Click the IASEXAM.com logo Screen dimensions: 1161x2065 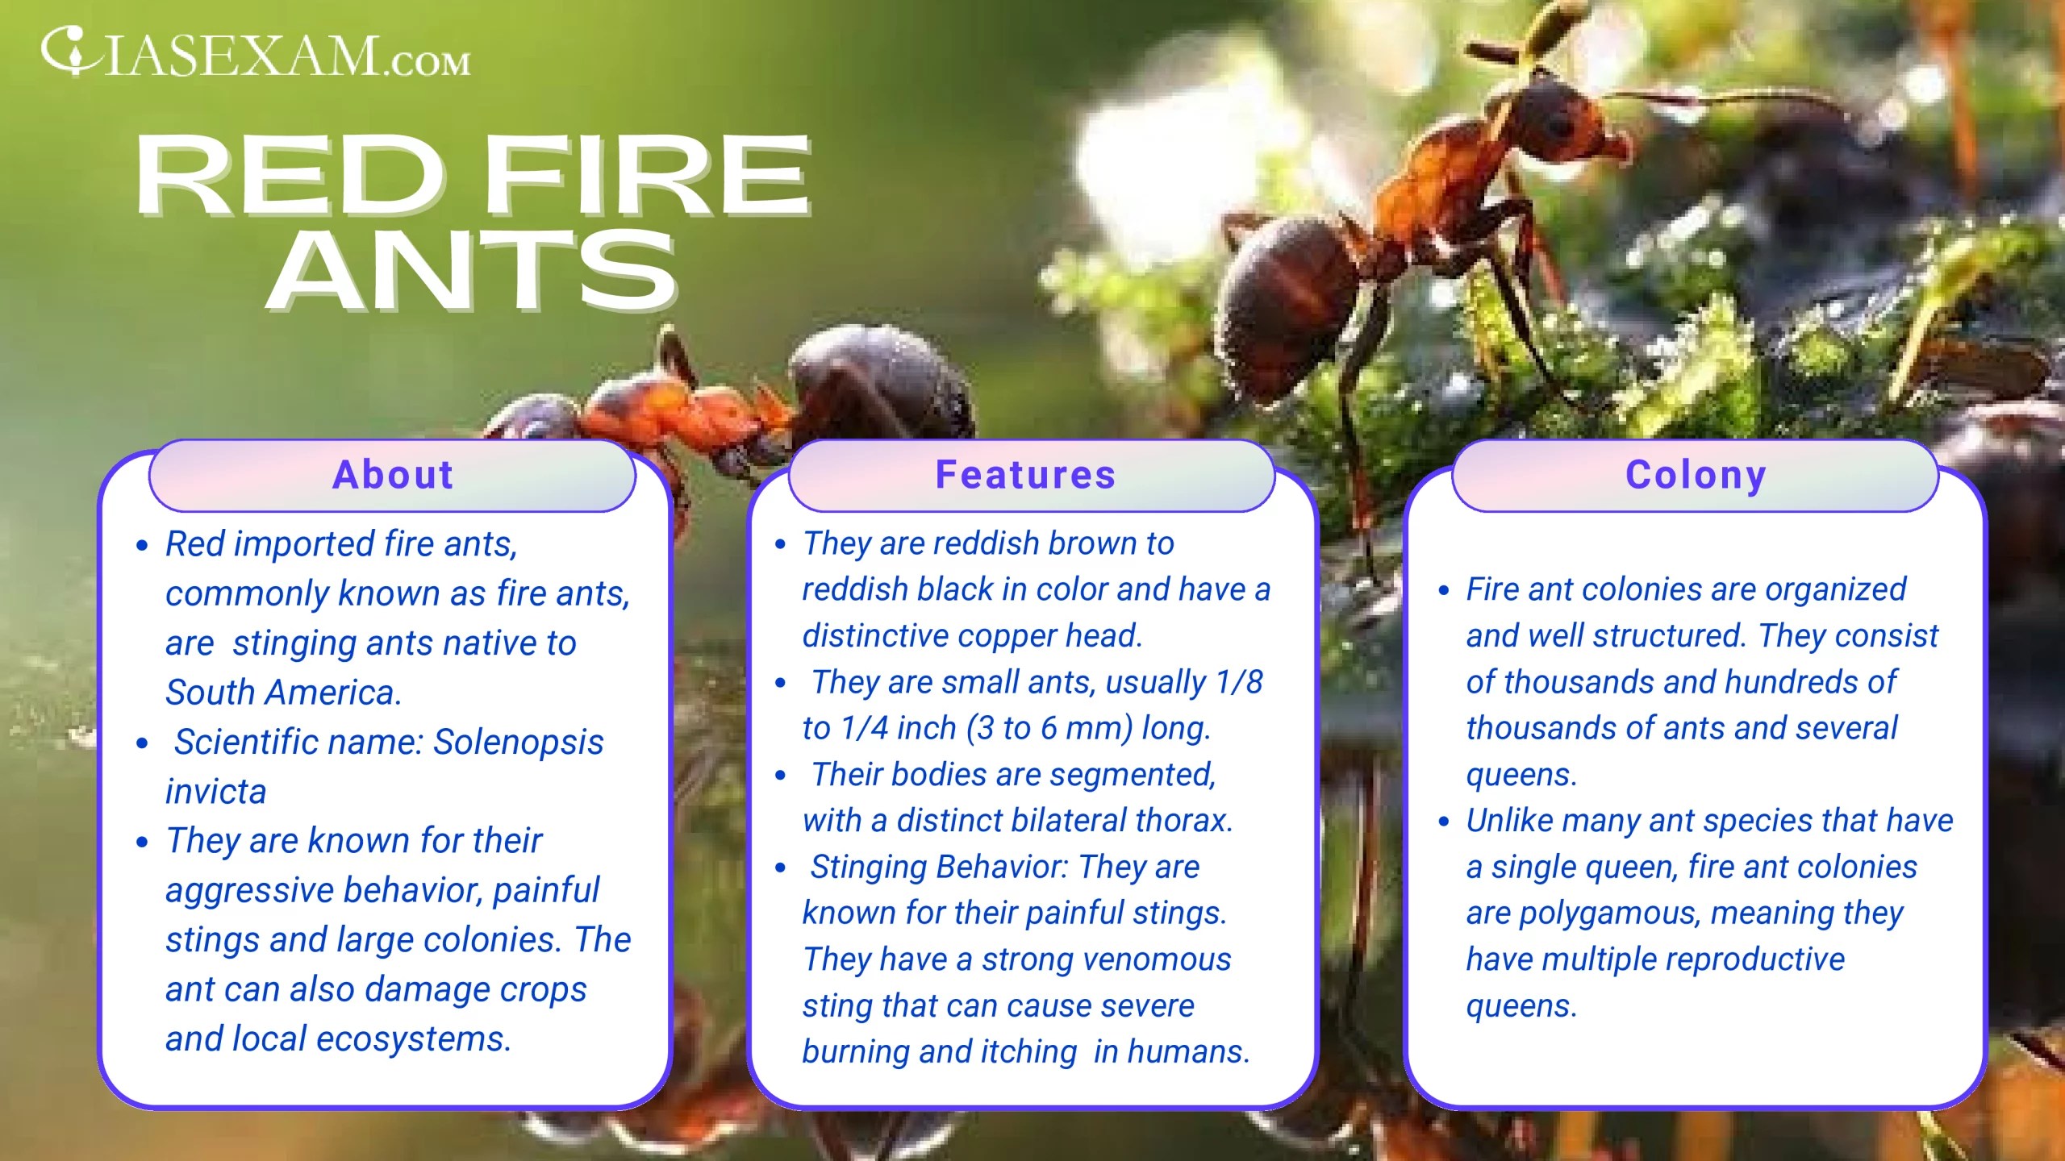[x=255, y=55]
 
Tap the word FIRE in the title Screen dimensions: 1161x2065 [x=647, y=175]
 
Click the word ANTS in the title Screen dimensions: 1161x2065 [x=472, y=270]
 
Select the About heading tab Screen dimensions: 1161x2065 [x=393, y=475]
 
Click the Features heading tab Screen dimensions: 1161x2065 [x=1025, y=475]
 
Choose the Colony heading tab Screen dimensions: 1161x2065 [x=1696, y=475]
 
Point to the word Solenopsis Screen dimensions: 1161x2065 [x=518, y=743]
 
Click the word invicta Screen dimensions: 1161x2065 [x=215, y=792]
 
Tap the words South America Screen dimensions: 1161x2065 [x=282, y=693]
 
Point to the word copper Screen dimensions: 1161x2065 [x=1010, y=636]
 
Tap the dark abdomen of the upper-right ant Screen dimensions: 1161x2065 [x=1291, y=298]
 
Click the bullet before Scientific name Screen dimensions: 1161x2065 [x=143, y=743]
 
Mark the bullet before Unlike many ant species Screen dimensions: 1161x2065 [x=1444, y=822]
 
